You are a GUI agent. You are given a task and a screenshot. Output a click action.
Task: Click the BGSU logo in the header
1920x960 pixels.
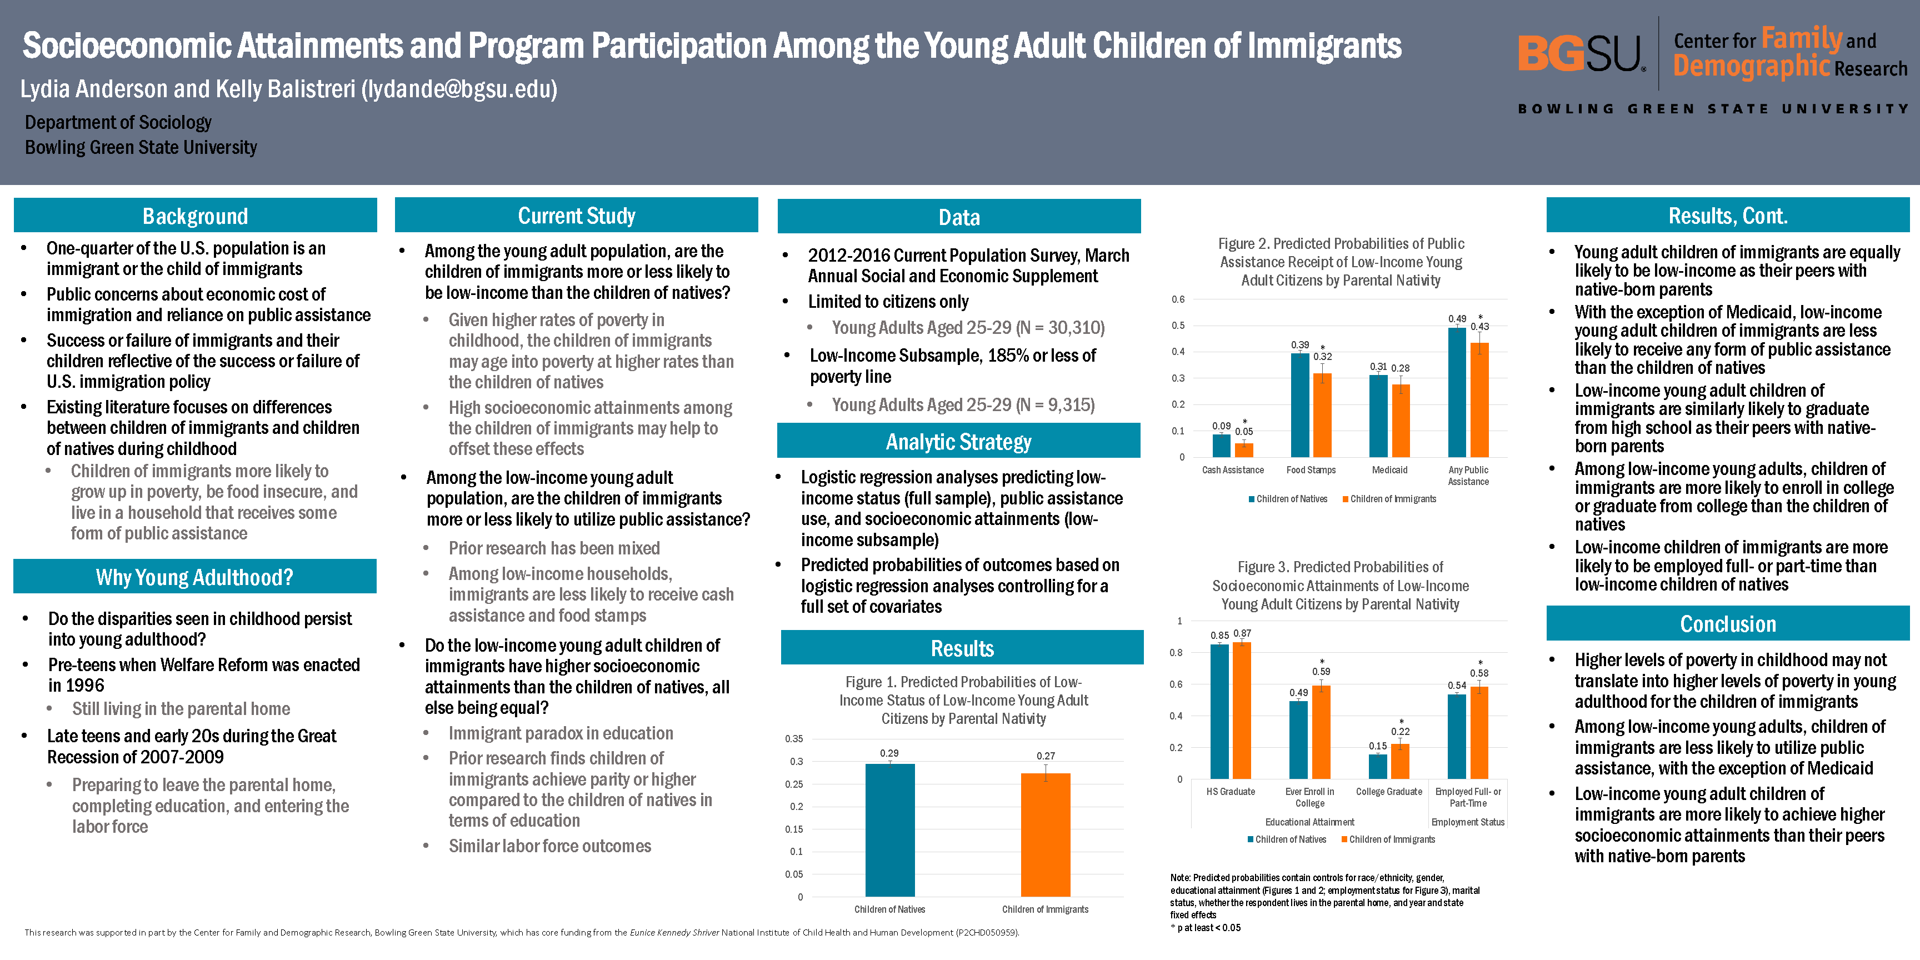1580,54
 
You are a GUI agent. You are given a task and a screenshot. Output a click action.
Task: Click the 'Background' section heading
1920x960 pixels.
196,216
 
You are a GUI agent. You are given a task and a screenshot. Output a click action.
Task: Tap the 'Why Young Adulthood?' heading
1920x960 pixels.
194,577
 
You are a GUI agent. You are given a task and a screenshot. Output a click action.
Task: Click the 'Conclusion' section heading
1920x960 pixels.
1728,624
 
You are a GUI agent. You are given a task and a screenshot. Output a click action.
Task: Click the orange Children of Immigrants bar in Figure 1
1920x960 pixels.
1045,835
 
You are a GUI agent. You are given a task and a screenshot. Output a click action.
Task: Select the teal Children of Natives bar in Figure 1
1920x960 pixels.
889,829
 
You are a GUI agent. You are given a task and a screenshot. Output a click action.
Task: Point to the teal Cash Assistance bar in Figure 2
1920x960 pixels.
1221,446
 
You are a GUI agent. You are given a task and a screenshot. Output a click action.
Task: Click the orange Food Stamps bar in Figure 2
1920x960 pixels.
1322,415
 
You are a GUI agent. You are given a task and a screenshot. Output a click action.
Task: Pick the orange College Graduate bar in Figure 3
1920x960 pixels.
1400,761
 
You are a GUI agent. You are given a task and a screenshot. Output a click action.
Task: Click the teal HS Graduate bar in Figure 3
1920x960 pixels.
1219,712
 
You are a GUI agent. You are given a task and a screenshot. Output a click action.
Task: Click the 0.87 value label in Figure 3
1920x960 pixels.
1242,633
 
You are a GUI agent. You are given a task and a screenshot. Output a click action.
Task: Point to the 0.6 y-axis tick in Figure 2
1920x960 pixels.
1178,299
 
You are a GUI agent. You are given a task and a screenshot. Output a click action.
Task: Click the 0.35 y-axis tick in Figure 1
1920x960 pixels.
794,739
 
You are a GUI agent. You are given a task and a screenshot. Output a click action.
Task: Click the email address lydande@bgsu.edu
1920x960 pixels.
458,89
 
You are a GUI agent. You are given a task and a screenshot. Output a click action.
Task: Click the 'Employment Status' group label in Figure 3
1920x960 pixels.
1468,822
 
